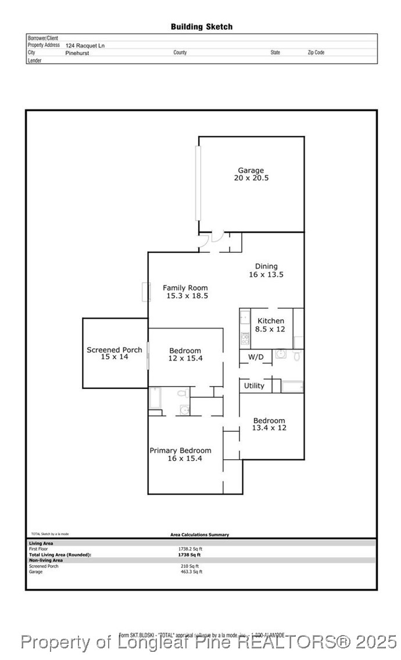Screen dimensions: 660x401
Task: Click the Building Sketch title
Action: (x=201, y=27)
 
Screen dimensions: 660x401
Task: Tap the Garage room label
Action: (x=250, y=171)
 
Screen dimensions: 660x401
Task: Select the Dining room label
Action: (x=266, y=266)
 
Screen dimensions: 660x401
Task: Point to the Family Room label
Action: (x=185, y=288)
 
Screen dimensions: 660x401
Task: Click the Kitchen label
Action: (x=271, y=321)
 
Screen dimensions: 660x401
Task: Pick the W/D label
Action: (x=255, y=356)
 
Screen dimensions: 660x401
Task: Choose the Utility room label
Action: (x=254, y=385)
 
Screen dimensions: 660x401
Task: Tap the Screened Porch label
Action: (x=114, y=349)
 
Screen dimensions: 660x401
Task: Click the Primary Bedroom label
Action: (x=180, y=450)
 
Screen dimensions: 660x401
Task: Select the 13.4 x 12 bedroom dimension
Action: (x=269, y=428)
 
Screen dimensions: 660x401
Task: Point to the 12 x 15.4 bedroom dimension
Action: (x=185, y=358)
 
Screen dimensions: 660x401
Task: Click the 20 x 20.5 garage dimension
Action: (x=251, y=178)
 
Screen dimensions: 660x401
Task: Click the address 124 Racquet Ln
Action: (x=85, y=45)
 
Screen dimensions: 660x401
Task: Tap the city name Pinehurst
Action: (x=77, y=53)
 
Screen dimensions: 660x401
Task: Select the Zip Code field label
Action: (x=316, y=52)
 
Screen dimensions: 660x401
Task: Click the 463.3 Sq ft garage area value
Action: (x=191, y=572)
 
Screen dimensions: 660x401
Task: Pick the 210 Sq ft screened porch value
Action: (x=189, y=566)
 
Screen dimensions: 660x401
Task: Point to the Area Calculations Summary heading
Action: (x=199, y=535)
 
